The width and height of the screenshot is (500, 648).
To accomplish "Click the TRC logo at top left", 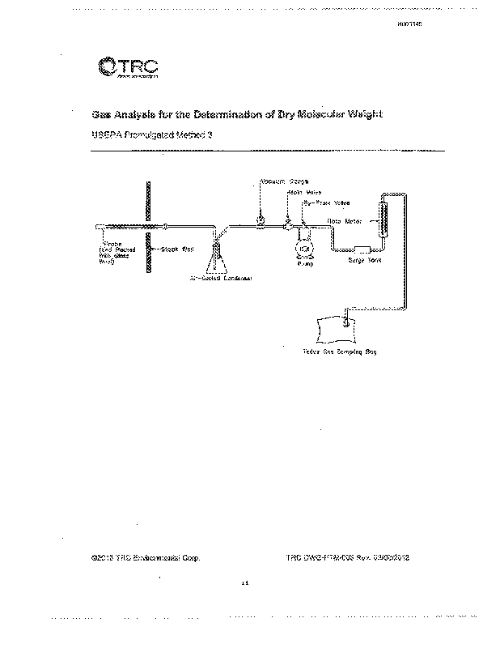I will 126,69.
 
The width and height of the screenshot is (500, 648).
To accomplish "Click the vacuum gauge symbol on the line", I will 261,220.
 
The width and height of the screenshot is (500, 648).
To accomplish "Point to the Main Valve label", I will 300,192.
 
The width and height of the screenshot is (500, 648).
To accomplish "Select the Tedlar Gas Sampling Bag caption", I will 340,352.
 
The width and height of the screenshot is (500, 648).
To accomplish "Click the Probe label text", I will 111,241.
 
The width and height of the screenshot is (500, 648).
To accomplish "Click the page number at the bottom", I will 246,583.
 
